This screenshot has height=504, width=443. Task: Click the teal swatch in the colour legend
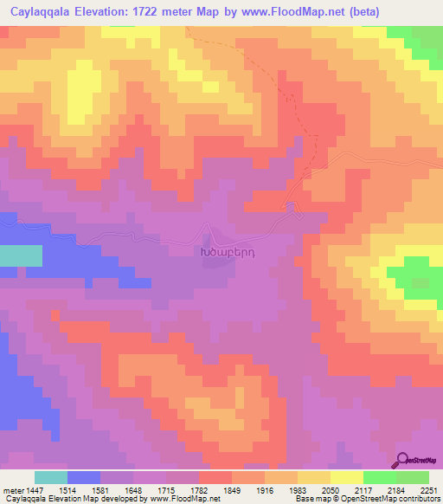coord(51,477)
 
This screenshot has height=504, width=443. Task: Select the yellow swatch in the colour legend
coord(347,477)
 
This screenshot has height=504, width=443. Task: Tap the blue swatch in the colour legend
coord(84,477)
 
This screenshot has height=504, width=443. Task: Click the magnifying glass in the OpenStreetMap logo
coord(401,461)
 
